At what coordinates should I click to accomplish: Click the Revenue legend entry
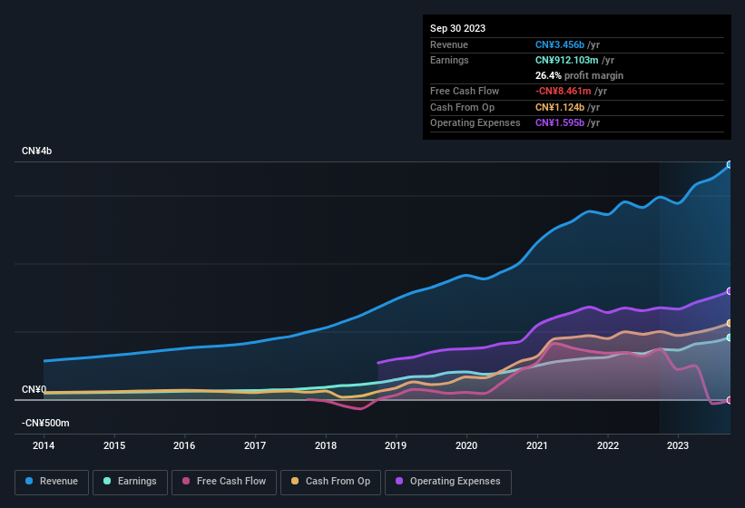(53, 482)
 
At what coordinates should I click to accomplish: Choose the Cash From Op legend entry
(330, 482)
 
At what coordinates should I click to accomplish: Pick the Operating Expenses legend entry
(448, 482)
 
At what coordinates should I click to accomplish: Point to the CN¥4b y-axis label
(37, 151)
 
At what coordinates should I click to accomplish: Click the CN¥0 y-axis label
(34, 390)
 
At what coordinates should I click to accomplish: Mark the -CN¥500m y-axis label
(46, 424)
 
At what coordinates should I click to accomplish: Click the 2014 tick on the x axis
(44, 445)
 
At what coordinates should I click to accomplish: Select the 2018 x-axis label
(326, 445)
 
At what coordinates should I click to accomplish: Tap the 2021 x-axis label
(536, 445)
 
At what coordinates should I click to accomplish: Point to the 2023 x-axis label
(677, 445)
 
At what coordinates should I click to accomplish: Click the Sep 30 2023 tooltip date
(457, 28)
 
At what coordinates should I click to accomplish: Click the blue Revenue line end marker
(729, 165)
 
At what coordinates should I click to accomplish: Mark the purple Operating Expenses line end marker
(729, 291)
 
